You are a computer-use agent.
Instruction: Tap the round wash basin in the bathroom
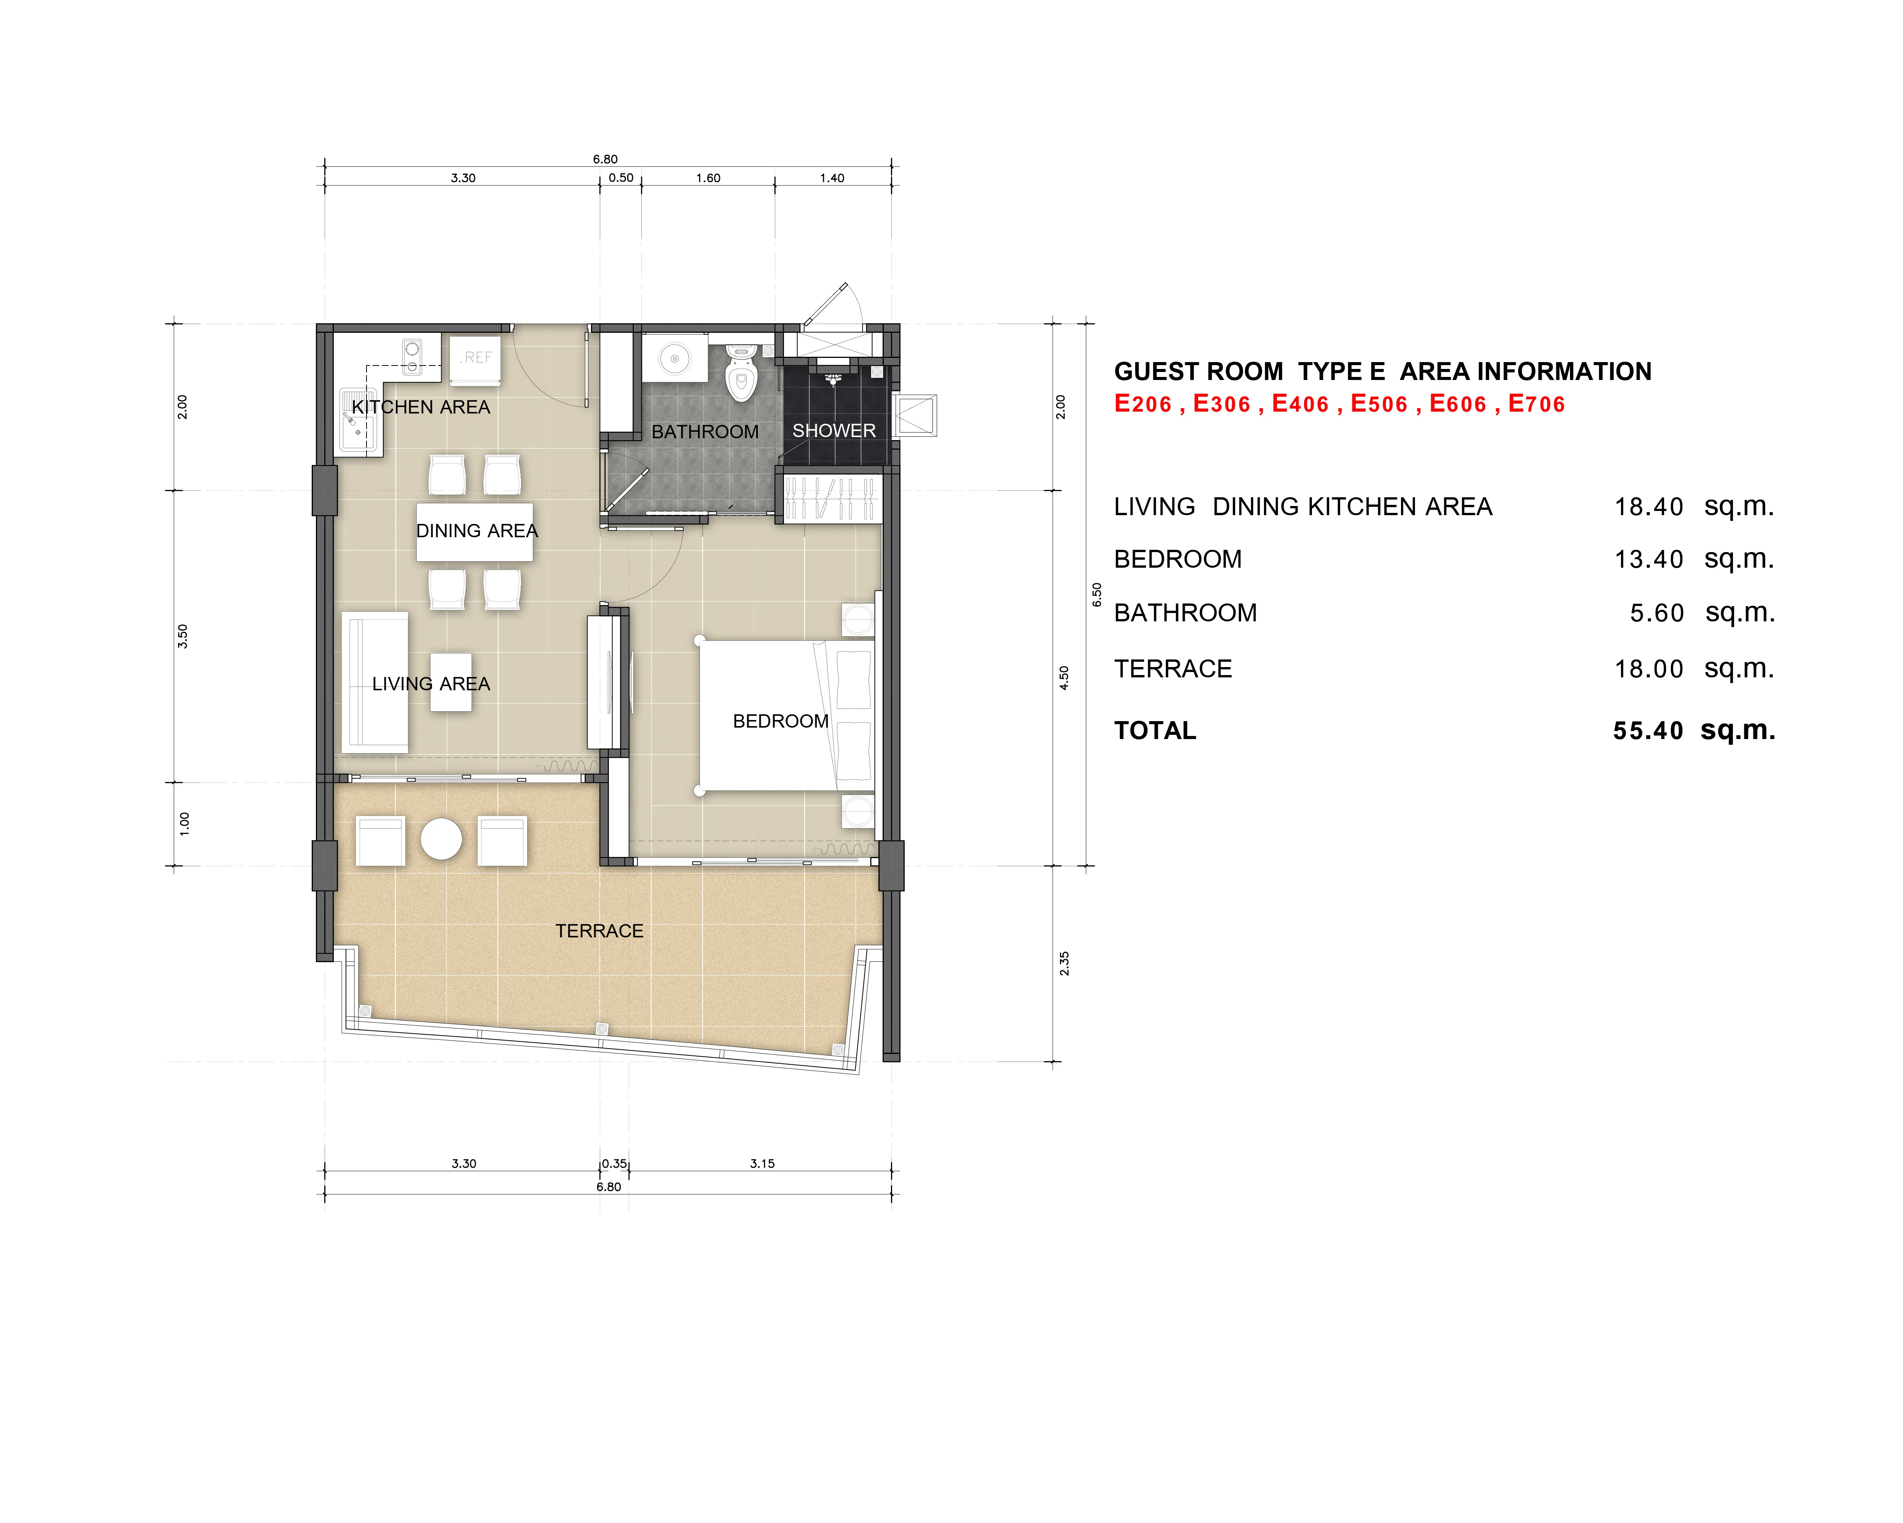[674, 358]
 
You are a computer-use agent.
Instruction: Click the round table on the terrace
[441, 839]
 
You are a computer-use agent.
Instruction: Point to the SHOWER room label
[834, 431]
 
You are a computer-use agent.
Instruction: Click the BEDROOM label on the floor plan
[780, 721]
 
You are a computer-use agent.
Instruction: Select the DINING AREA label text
[477, 531]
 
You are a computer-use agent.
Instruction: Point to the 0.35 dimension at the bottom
[614, 1164]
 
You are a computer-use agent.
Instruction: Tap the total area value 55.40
[1648, 731]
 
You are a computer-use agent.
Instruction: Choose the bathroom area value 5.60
[1657, 613]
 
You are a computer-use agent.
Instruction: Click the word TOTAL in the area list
[1154, 731]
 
